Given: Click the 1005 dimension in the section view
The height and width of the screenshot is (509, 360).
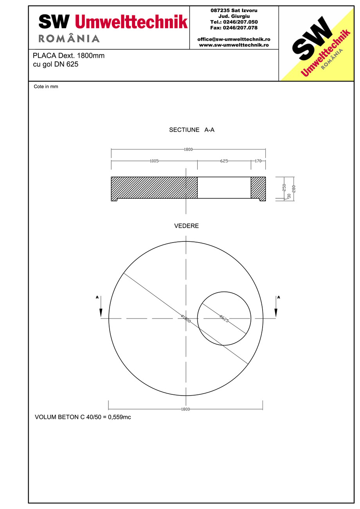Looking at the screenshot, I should click(154, 161).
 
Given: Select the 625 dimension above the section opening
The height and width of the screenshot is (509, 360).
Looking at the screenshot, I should click(224, 161).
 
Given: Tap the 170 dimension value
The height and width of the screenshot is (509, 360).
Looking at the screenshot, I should click(258, 161).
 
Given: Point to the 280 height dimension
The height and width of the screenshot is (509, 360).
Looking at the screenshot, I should click(293, 189).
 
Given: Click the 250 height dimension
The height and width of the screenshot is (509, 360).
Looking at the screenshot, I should click(284, 187).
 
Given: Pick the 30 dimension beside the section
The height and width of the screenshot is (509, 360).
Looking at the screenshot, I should click(289, 196).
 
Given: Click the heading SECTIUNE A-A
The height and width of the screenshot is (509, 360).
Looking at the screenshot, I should click(191, 130).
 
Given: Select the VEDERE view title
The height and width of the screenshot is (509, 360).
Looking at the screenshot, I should click(186, 226).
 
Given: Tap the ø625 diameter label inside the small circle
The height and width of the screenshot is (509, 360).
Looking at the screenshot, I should click(224, 318).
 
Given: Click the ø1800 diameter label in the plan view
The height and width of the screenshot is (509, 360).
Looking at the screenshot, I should click(186, 318).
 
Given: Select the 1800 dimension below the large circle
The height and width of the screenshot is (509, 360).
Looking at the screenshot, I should click(185, 409).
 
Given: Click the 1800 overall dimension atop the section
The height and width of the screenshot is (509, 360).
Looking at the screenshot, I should click(188, 149).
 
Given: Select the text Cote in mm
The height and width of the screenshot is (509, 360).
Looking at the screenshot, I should click(46, 87).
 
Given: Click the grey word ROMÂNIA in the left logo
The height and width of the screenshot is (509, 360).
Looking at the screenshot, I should click(69, 38).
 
